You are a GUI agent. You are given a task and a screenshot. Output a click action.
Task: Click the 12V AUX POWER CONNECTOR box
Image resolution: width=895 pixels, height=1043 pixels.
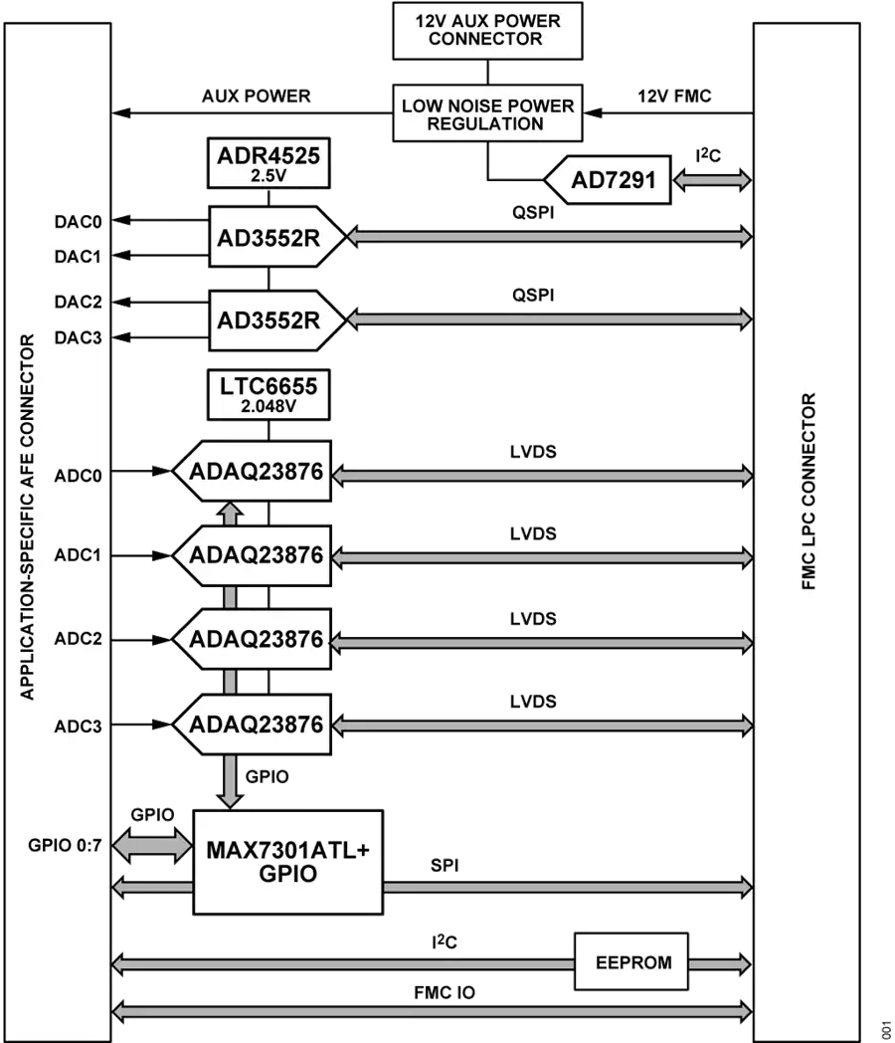(x=487, y=31)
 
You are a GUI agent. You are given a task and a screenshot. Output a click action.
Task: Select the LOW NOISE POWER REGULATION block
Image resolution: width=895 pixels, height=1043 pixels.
(x=487, y=113)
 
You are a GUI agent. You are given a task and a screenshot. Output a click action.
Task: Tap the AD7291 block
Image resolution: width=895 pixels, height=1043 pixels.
(x=608, y=179)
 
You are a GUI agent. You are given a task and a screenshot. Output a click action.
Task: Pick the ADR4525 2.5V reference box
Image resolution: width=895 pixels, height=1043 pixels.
(x=268, y=163)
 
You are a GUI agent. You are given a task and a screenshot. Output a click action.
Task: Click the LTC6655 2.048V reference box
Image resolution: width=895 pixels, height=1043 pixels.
(x=268, y=394)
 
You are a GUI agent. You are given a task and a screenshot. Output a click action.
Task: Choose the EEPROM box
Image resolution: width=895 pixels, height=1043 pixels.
(x=631, y=961)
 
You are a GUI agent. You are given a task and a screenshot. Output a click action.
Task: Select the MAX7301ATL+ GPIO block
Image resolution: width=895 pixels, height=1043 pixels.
(x=287, y=862)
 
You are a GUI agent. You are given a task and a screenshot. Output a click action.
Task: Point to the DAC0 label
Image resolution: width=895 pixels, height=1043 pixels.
(x=79, y=222)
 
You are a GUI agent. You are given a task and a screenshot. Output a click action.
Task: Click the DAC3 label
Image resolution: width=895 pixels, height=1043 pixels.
(x=79, y=338)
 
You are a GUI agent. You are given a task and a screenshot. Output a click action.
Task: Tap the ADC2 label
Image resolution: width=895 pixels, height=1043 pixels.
(x=79, y=639)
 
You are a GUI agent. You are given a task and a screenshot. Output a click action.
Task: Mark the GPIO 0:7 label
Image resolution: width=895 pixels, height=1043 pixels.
(x=65, y=845)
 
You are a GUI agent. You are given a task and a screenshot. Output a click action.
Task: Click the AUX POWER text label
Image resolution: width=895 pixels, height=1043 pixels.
(x=257, y=97)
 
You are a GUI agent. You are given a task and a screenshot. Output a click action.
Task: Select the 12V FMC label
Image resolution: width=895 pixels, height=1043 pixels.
(x=674, y=97)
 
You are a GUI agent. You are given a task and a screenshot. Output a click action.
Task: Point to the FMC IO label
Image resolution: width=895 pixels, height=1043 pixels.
(x=445, y=993)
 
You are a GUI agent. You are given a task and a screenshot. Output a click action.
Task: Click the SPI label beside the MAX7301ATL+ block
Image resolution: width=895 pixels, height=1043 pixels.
(x=445, y=866)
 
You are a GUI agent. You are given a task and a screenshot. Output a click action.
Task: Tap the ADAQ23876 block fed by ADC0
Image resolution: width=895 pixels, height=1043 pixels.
(x=253, y=471)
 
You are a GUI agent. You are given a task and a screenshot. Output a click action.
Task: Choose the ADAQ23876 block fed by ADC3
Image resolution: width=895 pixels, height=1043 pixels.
(x=253, y=725)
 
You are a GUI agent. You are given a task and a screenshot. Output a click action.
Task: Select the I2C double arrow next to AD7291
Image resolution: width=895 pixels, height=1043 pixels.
(x=712, y=180)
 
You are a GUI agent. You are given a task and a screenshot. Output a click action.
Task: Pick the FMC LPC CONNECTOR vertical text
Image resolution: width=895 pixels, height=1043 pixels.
(x=808, y=491)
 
